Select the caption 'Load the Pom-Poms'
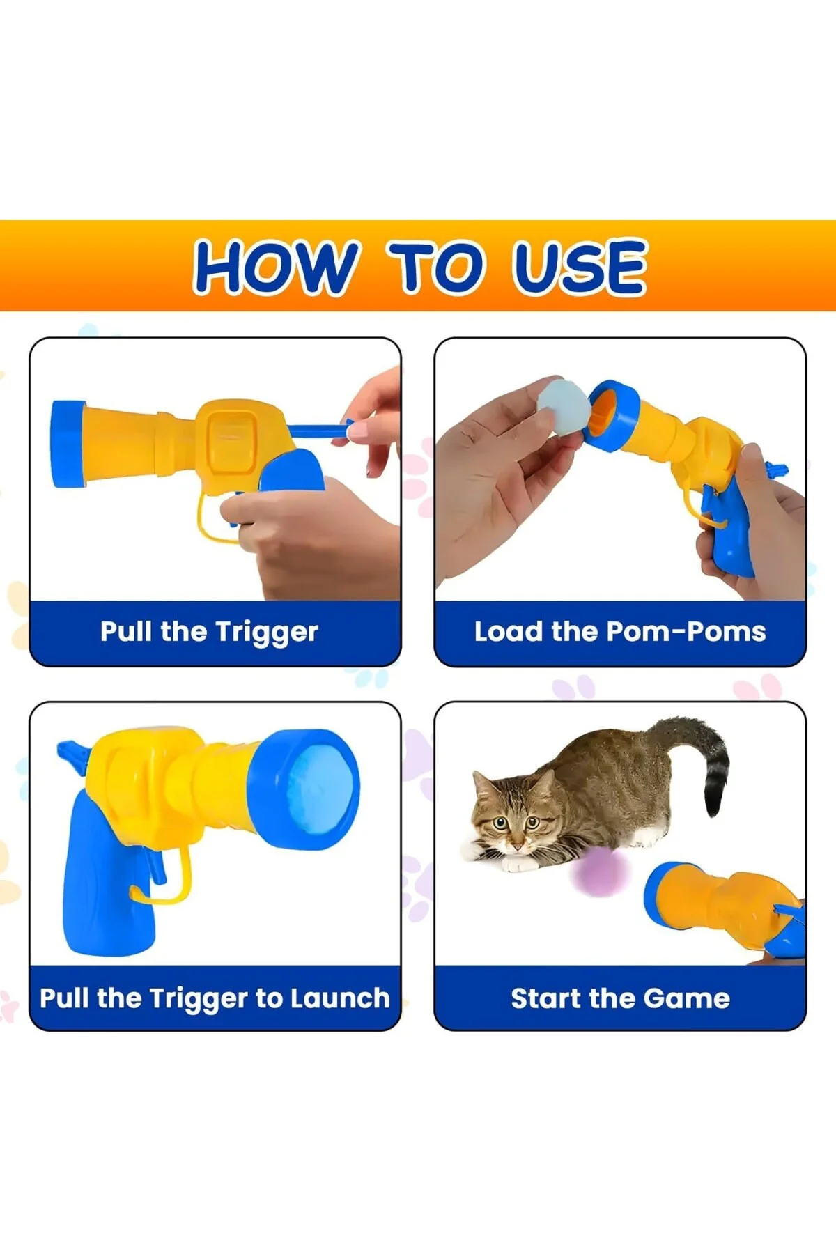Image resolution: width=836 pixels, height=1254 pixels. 620,632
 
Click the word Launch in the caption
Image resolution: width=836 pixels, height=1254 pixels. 340,998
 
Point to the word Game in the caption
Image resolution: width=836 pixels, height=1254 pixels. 687,998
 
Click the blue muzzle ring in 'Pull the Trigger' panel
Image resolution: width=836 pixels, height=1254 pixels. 67,444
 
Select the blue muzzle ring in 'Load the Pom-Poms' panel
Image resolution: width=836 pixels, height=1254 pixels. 613,416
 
